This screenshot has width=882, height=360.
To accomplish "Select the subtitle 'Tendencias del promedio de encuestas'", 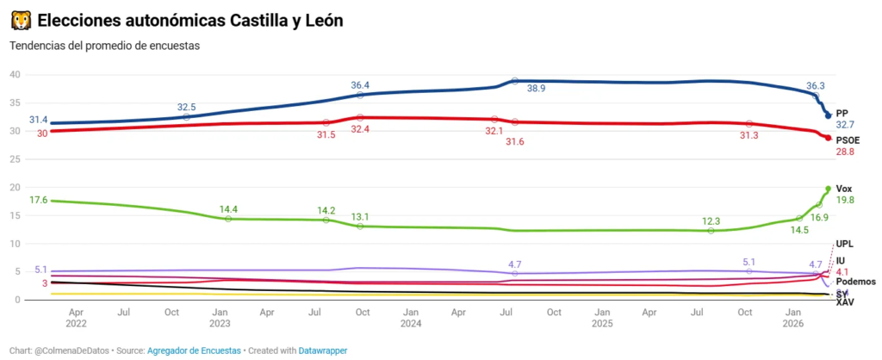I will pos(104,46).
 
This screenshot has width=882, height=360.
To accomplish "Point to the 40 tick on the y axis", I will pos(15,74).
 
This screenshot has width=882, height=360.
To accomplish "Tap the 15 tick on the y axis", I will pos(15,215).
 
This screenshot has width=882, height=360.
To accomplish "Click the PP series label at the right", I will pos(842,113).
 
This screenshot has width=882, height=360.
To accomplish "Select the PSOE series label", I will pos(848,140).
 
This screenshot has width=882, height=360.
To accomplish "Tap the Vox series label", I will pos(844,188).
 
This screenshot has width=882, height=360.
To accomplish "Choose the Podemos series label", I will pos(856,282).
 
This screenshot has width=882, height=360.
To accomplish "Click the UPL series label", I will pos(845,244).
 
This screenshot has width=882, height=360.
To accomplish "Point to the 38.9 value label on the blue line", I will pos(537,89).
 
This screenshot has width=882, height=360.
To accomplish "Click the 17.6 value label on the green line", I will pos(38,200).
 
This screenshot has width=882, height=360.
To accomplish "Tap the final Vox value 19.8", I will pos(845,200).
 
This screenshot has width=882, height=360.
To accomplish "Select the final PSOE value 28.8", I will pos(845,152).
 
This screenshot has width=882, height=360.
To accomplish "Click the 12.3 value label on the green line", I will pos(711,220).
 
